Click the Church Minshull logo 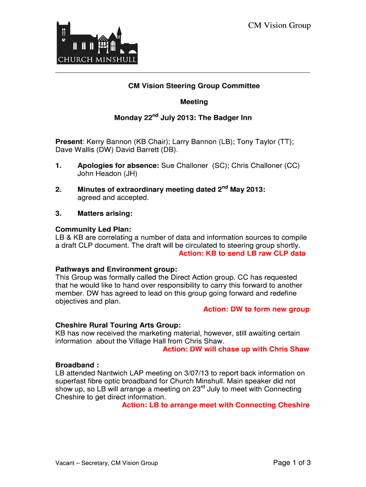click(x=97, y=43)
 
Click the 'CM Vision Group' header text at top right click(x=279, y=26)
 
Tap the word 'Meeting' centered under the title click(x=194, y=102)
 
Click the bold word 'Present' click(x=69, y=142)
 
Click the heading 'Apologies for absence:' click(x=118, y=166)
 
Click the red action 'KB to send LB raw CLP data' click(x=256, y=253)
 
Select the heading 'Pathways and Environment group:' click(x=116, y=269)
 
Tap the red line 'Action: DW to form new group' click(x=256, y=309)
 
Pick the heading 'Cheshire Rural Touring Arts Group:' click(x=118, y=325)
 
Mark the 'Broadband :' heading click(x=77, y=365)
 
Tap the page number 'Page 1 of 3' click(x=292, y=463)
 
